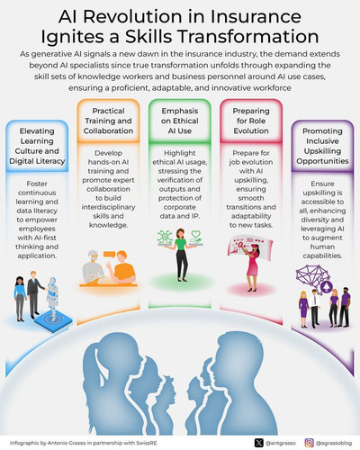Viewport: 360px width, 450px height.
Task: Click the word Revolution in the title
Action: pyautogui.click(x=131, y=16)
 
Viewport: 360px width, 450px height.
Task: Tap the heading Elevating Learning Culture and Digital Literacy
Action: pyautogui.click(x=37, y=146)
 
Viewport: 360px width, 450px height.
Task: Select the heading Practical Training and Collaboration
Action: pyautogui.click(x=108, y=121)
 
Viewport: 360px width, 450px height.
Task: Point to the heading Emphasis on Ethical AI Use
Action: pyautogui.click(x=180, y=121)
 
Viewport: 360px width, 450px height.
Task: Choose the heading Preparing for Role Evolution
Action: pyautogui.click(x=251, y=121)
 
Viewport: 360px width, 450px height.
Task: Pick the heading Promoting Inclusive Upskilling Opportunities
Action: pyautogui.click(x=322, y=146)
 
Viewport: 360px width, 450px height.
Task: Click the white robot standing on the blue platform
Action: pyautogui.click(x=52, y=296)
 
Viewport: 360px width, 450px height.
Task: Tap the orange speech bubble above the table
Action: pyautogui.click(x=109, y=255)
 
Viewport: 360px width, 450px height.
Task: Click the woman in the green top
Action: pyautogui.click(x=181, y=255)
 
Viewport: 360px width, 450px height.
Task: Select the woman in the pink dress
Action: pyautogui.click(x=251, y=267)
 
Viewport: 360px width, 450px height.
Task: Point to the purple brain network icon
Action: pyautogui.click(x=312, y=276)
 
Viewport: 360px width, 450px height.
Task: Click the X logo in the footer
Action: pyautogui.click(x=259, y=443)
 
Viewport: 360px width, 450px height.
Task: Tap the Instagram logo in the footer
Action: pyautogui.click(x=310, y=443)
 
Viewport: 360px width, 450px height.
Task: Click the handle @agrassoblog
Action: pyautogui.click(x=334, y=443)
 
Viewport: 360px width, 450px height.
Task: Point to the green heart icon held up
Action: pyautogui.click(x=195, y=234)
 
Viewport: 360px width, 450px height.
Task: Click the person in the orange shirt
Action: pyautogui.click(x=123, y=267)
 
